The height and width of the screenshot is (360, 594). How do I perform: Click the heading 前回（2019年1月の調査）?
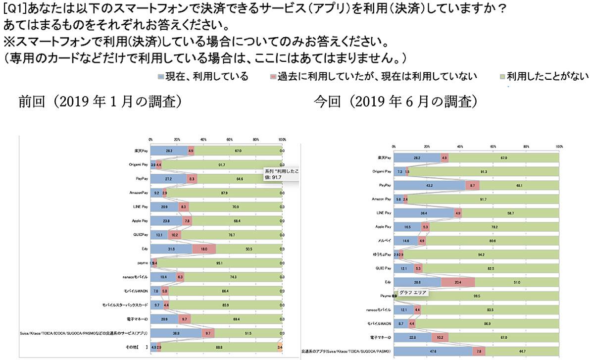tap(99, 102)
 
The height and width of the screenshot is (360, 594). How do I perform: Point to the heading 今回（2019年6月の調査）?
tap(396, 102)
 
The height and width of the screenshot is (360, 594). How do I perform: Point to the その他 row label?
tap(137, 349)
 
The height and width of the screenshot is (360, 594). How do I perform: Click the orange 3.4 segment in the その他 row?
tap(280, 349)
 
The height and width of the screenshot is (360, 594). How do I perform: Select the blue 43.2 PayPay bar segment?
tap(429, 185)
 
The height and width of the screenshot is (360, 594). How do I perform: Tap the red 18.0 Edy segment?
tap(203, 248)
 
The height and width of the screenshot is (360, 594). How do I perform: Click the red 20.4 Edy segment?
tap(457, 283)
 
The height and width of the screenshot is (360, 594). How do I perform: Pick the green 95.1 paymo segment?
tap(219, 262)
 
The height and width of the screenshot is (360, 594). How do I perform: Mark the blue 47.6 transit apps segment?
tap(433, 352)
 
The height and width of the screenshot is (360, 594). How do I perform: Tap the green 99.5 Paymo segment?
tap(478, 296)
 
